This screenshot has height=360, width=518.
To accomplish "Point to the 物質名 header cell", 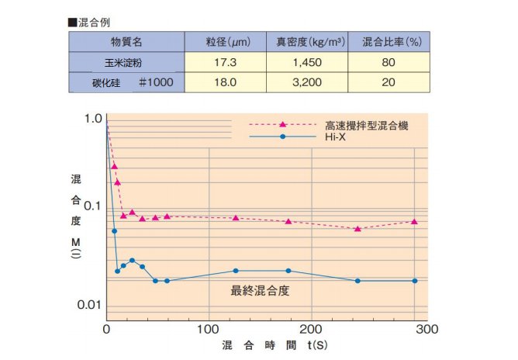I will [125, 41].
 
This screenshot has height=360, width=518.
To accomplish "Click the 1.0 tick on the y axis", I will [93, 118].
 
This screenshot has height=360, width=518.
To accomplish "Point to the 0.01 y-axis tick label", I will [91, 304].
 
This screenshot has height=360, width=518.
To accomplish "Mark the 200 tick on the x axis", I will [313, 328].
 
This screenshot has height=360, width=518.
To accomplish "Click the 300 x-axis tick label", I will [416, 328].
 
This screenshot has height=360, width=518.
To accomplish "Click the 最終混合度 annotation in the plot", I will [260, 291].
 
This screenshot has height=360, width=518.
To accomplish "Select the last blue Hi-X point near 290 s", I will [415, 280].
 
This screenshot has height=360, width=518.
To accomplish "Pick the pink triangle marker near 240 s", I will [357, 228].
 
